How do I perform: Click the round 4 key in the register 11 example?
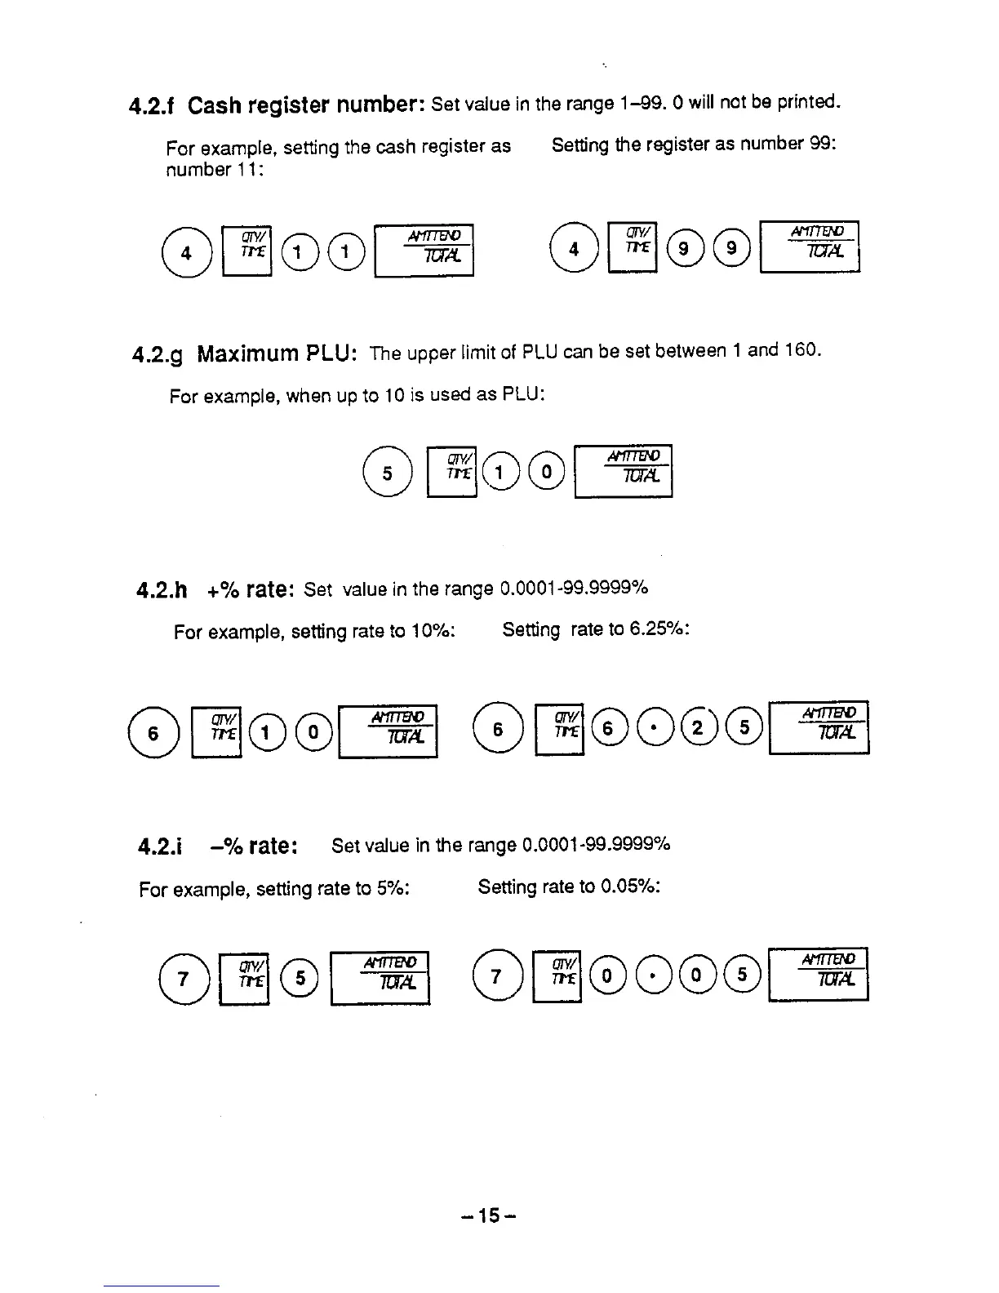click(186, 252)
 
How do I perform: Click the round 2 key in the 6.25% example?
click(696, 729)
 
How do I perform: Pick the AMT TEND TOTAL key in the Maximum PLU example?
click(624, 470)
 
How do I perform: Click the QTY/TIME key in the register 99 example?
click(634, 247)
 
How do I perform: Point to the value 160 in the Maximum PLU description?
click(800, 350)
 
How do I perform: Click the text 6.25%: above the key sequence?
click(659, 629)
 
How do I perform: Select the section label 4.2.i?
click(159, 847)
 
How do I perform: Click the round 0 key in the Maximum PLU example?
click(546, 472)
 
